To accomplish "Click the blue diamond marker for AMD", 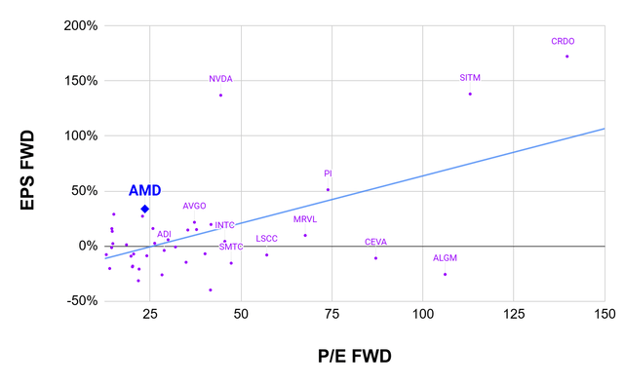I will [144, 209].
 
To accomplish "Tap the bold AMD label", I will [144, 191].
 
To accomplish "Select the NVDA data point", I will [221, 96].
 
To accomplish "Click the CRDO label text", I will [564, 41].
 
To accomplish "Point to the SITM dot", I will [470, 94].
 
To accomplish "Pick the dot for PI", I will [328, 190].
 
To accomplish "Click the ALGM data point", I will [445, 274].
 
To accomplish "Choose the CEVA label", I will [375, 242].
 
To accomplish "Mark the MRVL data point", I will [305, 235].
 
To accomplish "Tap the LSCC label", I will [266, 239].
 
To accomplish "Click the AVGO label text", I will [194, 206].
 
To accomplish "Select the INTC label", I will [224, 225].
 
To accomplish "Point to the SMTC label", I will [231, 248].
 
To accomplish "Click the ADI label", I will [164, 234].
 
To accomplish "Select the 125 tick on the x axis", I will [514, 314].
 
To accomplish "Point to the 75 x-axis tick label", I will [331, 314].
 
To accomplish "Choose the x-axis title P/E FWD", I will [352, 357].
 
